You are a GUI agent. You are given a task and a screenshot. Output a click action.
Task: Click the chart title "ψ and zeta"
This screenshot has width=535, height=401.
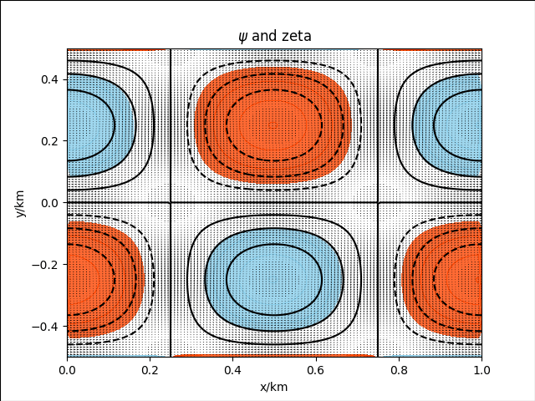coord(274,35)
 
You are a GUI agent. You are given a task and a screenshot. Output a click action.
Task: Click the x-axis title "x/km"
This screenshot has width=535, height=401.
coord(274,387)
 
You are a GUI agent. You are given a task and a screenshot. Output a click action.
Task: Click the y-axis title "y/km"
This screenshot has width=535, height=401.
coord(19,203)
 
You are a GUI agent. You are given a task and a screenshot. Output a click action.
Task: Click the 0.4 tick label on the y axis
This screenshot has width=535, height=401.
coord(51,79)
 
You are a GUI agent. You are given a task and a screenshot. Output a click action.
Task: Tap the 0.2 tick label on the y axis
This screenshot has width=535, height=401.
coord(51,141)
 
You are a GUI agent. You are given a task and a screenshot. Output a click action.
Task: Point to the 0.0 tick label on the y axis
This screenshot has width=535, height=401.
coord(51,203)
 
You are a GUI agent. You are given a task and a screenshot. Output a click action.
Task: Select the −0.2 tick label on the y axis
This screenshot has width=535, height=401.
coord(48,265)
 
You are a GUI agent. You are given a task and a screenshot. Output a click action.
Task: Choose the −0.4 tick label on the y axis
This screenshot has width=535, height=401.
coord(48,327)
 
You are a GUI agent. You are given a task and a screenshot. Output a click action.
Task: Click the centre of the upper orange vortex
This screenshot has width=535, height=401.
coord(274,125)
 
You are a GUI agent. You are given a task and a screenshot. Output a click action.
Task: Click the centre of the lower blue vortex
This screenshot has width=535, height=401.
coord(274,279)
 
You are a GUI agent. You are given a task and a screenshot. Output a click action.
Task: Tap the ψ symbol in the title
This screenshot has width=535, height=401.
coord(242,35)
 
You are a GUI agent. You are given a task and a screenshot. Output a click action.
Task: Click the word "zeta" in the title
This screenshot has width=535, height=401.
coord(297,35)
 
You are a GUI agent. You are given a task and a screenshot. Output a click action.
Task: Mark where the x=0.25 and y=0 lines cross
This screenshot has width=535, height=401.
coord(171,203)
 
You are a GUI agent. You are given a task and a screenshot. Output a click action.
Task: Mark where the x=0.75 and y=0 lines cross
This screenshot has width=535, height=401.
coord(378,203)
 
